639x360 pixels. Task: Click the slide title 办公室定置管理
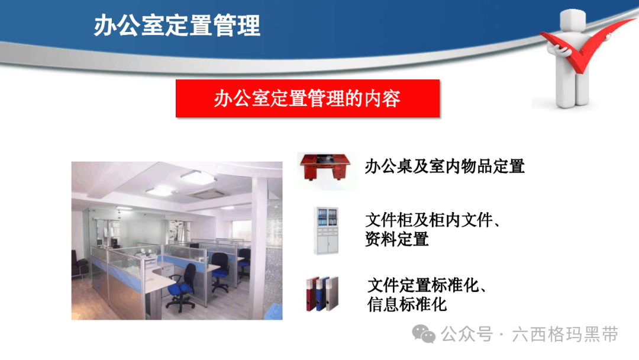click(x=177, y=25)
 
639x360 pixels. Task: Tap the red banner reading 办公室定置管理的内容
click(x=308, y=98)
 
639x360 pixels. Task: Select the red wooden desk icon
click(x=325, y=166)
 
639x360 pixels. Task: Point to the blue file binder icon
click(x=321, y=294)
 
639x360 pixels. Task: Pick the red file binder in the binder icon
click(x=312, y=294)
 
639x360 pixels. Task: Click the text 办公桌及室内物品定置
click(x=444, y=166)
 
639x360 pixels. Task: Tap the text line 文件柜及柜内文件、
click(x=433, y=220)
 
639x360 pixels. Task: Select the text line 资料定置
click(x=397, y=239)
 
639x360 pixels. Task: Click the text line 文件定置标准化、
click(x=427, y=285)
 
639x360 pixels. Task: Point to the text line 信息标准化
click(x=406, y=304)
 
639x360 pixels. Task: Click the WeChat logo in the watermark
click(x=424, y=334)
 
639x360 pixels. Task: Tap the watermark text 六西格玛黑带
click(x=565, y=335)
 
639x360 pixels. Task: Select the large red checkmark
click(x=587, y=46)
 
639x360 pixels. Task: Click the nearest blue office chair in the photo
click(x=182, y=287)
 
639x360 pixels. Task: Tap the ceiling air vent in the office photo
click(x=207, y=194)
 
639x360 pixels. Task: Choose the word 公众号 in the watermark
click(x=467, y=335)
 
